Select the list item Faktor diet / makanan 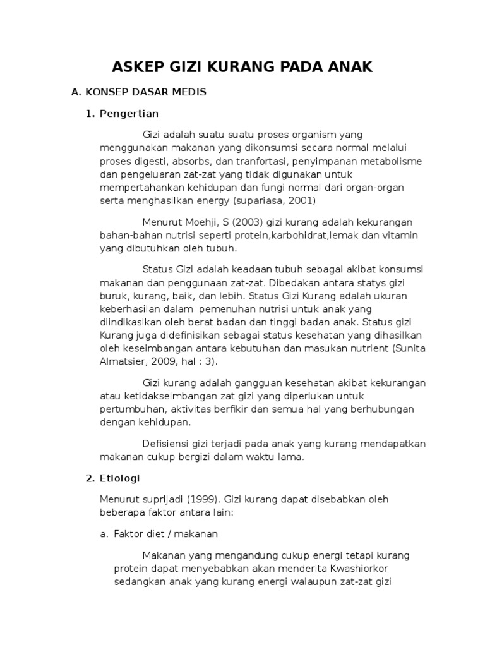pos(165,533)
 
